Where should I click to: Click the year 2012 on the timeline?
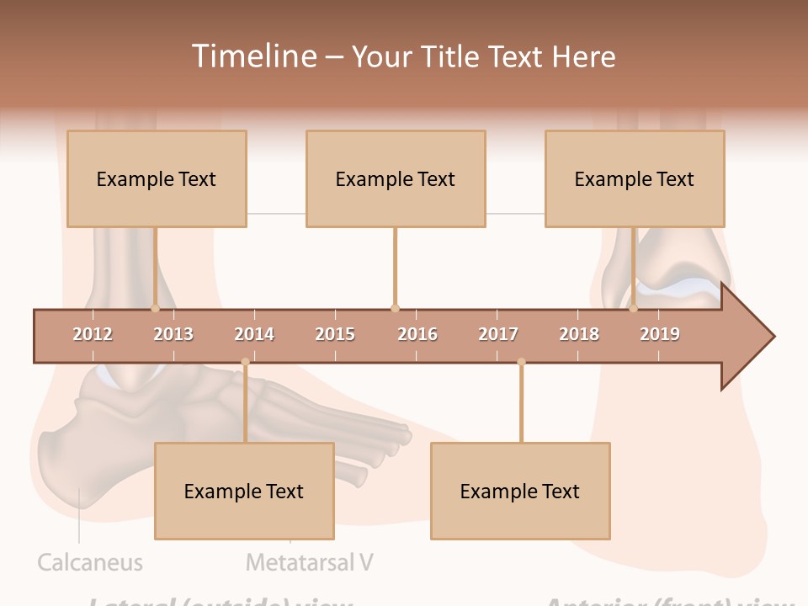coord(93,334)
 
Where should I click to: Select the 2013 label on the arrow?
coord(173,334)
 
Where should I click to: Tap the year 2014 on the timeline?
coord(254,334)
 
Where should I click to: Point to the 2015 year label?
coord(335,334)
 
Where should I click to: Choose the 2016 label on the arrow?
coord(417,334)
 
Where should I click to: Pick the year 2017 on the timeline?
coord(498,334)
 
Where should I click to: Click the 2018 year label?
coord(579,334)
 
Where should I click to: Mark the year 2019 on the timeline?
coord(660,334)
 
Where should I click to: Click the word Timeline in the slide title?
coord(252,56)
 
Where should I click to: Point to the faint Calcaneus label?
coord(90,562)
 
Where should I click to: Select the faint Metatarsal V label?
coord(309,562)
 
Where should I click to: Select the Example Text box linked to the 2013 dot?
coord(157,178)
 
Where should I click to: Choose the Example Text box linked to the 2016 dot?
coord(396,178)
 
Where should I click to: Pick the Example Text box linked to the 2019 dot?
coord(635,178)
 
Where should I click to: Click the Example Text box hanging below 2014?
coord(244,491)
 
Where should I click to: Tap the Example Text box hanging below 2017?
coord(520,491)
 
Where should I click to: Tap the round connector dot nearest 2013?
coord(156,308)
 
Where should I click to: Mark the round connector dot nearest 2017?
coord(521,362)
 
